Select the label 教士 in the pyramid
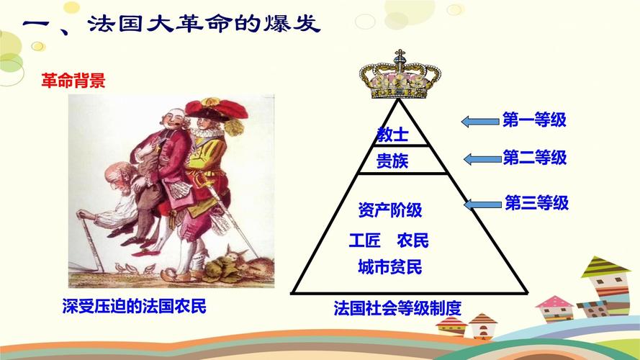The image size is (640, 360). click(x=392, y=133)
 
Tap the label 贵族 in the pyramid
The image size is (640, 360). click(x=392, y=161)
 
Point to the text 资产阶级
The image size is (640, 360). click(x=389, y=210)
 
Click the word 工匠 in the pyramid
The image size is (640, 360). click(x=364, y=240)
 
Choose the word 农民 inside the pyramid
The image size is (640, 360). click(x=412, y=240)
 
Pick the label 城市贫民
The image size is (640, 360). click(x=389, y=268)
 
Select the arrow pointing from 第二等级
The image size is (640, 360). click(x=479, y=158)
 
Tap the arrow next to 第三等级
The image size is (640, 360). click(x=481, y=204)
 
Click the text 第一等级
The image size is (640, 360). click(x=534, y=120)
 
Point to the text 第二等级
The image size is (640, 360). click(x=535, y=157)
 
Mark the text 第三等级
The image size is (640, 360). click(x=536, y=203)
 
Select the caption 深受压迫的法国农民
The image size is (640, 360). click(x=134, y=307)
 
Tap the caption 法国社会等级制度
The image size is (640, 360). click(x=397, y=309)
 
